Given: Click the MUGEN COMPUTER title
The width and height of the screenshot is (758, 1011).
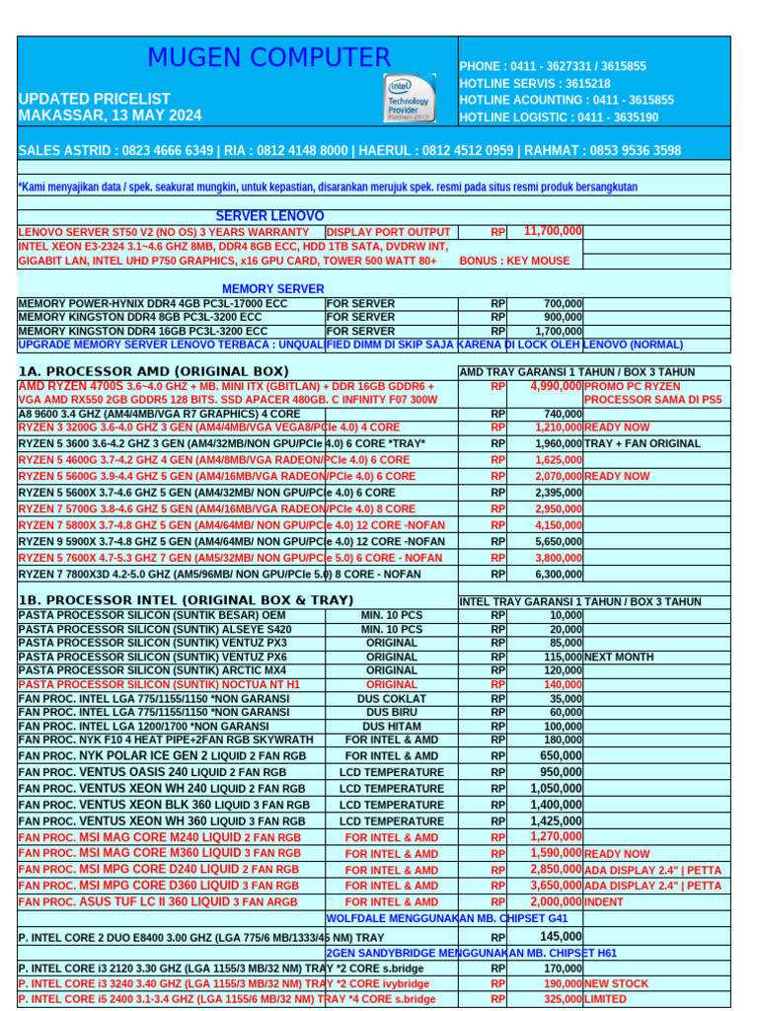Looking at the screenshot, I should pyautogui.click(x=268, y=58).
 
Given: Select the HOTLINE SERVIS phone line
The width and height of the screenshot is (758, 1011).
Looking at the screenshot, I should pyautogui.click(x=534, y=84).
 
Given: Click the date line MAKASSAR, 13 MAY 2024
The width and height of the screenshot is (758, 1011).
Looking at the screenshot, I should pyautogui.click(x=110, y=116).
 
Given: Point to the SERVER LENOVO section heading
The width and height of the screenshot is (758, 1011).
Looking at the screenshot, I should pyautogui.click(x=269, y=215).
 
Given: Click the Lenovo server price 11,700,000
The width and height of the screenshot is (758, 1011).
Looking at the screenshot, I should pyautogui.click(x=553, y=231).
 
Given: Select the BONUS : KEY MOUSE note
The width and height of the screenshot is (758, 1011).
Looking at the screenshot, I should pyautogui.click(x=514, y=261).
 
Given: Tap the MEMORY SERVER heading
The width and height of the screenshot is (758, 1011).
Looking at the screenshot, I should pyautogui.click(x=272, y=288).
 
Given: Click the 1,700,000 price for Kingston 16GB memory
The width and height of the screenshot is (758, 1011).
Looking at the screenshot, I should pyautogui.click(x=559, y=331).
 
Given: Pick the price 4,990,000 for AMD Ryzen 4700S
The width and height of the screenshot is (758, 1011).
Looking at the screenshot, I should pyautogui.click(x=556, y=386).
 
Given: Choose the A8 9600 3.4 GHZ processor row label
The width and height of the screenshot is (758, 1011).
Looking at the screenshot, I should pyautogui.click(x=159, y=414).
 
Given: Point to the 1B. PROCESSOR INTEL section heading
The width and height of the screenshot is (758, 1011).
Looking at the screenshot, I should pyautogui.click(x=186, y=600).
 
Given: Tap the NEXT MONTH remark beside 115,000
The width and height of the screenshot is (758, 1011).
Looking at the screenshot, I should pyautogui.click(x=618, y=657).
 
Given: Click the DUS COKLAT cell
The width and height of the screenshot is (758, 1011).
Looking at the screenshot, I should pyautogui.click(x=392, y=698).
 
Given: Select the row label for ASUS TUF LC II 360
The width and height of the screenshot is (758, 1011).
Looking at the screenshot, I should pyautogui.click(x=158, y=901).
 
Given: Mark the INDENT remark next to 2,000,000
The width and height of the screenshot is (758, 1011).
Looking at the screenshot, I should pyautogui.click(x=605, y=901).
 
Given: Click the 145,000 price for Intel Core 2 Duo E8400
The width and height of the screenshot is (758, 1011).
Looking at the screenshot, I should pyautogui.click(x=561, y=936).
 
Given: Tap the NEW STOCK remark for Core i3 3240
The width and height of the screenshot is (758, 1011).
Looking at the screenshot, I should pyautogui.click(x=617, y=984).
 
